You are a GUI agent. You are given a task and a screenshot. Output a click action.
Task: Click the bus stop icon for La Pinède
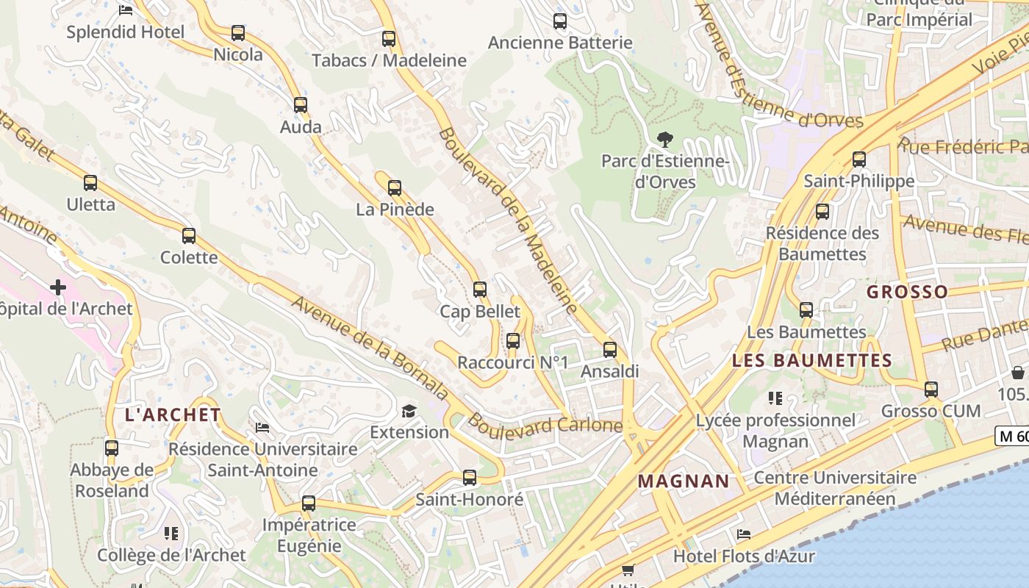click(x=395, y=188)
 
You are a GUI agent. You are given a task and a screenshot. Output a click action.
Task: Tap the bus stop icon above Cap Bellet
click(x=480, y=290)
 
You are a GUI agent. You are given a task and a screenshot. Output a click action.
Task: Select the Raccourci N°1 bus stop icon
click(x=513, y=341)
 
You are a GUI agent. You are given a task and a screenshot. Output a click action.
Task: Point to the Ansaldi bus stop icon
click(x=610, y=350)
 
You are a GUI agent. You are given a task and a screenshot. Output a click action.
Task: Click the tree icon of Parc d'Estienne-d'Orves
click(x=665, y=139)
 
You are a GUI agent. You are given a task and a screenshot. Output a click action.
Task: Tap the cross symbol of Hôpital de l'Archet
click(x=58, y=287)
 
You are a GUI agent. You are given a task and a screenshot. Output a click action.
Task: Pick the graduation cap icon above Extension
click(x=409, y=411)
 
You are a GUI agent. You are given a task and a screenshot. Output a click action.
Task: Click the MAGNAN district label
click(x=684, y=481)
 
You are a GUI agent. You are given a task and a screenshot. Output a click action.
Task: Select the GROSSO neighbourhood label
click(x=907, y=292)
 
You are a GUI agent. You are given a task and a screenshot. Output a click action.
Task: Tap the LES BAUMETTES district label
click(x=812, y=361)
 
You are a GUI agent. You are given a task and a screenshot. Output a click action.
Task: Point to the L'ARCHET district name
click(x=173, y=415)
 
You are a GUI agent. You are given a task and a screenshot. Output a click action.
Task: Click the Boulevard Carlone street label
click(x=545, y=425)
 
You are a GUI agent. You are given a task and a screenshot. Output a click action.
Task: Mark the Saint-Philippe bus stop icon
click(x=859, y=159)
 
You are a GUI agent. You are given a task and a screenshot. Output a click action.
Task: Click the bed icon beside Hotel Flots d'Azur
click(x=744, y=534)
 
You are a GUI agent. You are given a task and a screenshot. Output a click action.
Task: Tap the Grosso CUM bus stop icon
click(x=931, y=390)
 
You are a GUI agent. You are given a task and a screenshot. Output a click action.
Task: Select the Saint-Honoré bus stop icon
click(x=470, y=478)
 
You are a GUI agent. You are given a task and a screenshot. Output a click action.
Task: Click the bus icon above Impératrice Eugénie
click(x=309, y=503)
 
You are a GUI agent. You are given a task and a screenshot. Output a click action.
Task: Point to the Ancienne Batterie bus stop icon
click(x=560, y=21)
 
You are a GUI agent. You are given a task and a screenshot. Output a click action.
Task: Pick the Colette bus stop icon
click(x=189, y=236)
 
